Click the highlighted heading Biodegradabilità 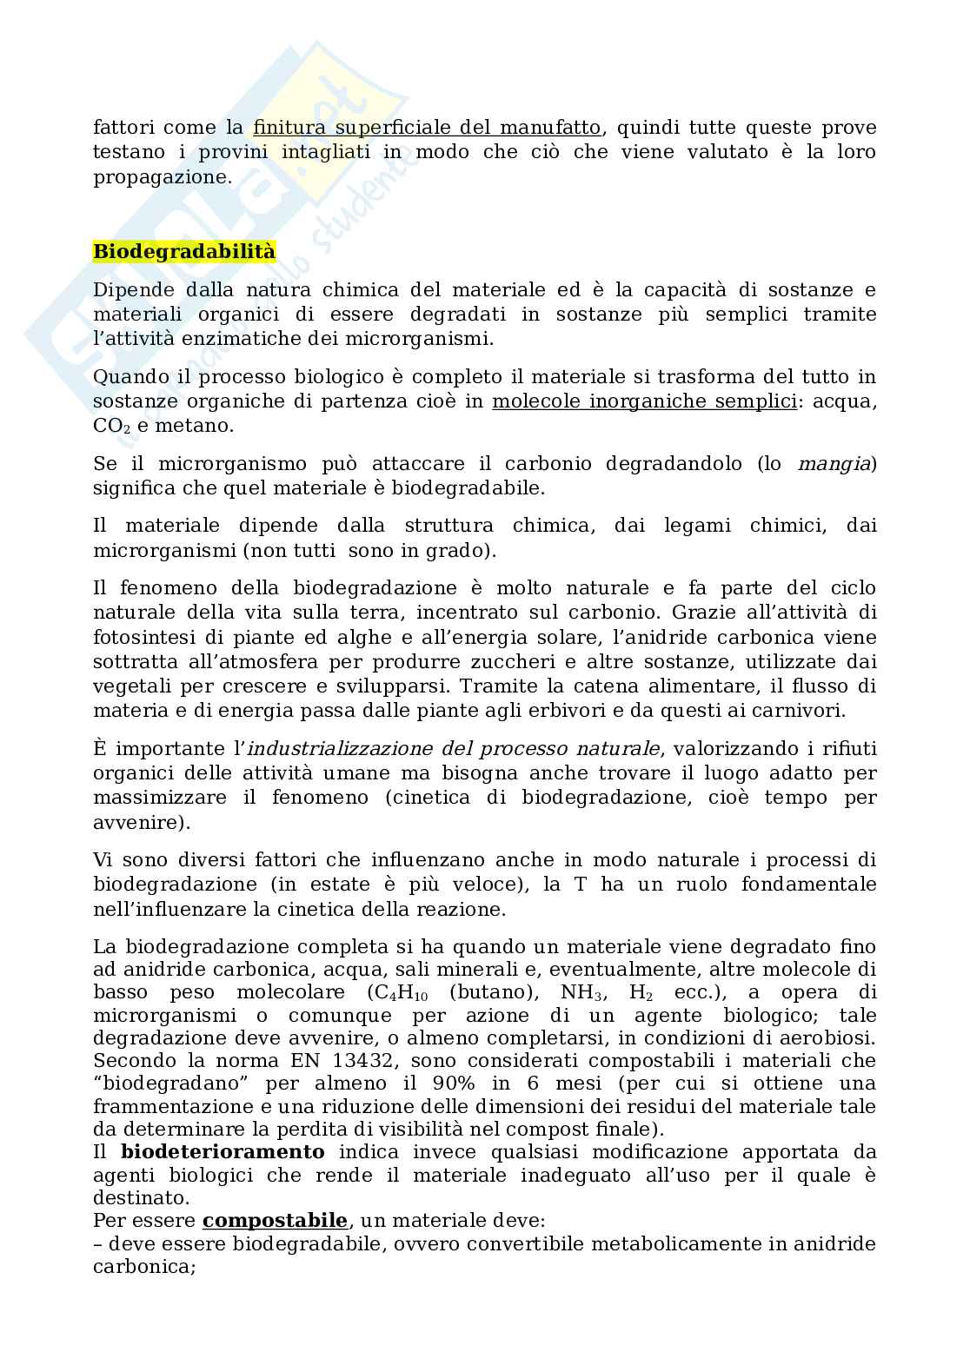tap(184, 252)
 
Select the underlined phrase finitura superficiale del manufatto tap(427, 128)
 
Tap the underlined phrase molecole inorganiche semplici tap(644, 401)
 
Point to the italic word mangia tap(834, 463)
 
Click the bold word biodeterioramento tap(223, 1152)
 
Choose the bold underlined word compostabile tap(275, 1221)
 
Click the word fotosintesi tap(140, 637)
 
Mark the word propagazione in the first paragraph tap(159, 176)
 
